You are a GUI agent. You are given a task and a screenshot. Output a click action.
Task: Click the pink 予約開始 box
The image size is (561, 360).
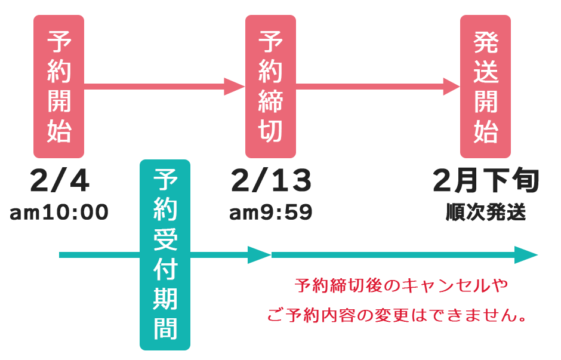pos(58,86)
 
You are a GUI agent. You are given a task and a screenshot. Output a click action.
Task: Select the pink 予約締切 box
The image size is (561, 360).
pos(270,86)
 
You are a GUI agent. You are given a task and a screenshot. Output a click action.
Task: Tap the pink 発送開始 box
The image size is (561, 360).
pos(485,86)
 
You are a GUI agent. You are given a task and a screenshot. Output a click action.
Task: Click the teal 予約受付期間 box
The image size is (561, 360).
pos(165,255)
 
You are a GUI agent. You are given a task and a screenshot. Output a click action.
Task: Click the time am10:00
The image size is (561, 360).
pos(58,213)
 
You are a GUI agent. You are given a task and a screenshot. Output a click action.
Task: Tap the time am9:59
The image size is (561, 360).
pos(271,213)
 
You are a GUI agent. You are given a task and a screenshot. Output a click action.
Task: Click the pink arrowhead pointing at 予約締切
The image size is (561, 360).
pos(235,86)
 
